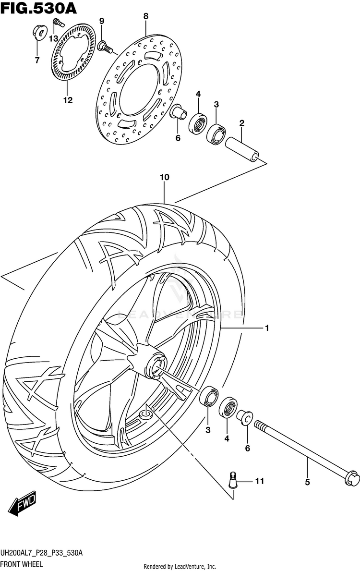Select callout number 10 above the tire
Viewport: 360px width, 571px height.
click(x=164, y=177)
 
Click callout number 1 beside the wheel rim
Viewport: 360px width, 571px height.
click(x=266, y=328)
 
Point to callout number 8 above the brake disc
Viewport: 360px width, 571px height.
click(x=146, y=16)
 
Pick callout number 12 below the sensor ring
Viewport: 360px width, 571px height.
click(x=67, y=100)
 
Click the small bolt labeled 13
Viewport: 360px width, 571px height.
click(x=58, y=22)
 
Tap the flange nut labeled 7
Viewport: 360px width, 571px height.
click(x=39, y=33)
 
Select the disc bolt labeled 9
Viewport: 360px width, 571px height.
click(x=105, y=47)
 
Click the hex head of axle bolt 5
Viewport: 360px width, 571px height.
click(x=350, y=476)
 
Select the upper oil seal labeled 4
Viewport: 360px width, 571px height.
click(x=197, y=123)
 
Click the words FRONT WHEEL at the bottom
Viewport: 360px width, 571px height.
click(x=22, y=564)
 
